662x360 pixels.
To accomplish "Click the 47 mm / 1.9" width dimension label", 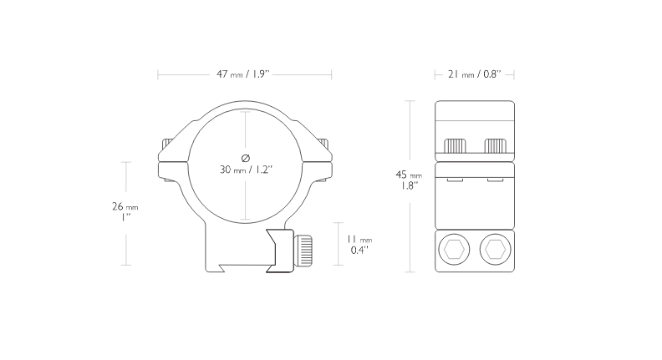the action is pos(242,74).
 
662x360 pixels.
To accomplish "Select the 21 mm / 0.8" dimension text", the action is pos(474,74).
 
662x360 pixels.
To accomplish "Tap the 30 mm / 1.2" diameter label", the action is pos(246,170).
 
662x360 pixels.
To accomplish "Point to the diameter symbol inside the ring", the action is pos(245,158).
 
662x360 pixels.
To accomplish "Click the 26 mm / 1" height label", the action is pos(125,212).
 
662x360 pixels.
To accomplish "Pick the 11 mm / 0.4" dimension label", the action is pos(359,245).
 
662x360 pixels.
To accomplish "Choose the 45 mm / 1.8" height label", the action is pos(409,180).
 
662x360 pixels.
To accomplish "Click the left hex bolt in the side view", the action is pos(454,250).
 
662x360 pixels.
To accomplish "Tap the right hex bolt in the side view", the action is pos(495,250).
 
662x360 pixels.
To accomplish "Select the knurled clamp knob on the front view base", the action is pos(303,251).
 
